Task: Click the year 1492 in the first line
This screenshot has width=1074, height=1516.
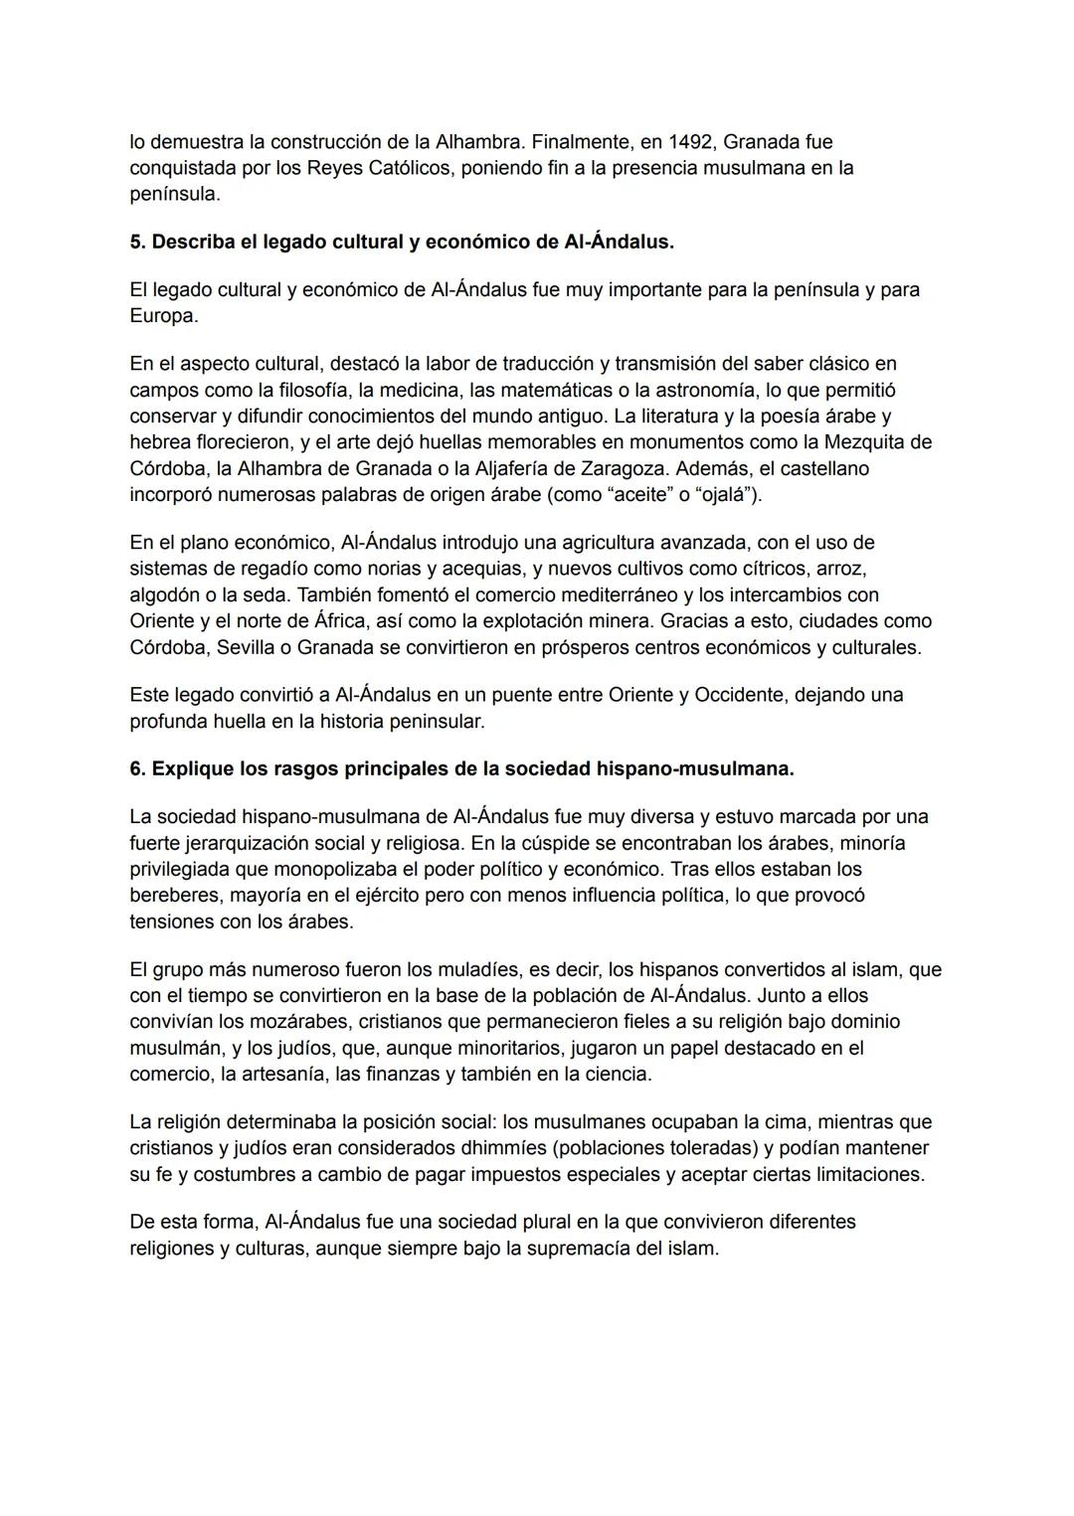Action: [x=691, y=142]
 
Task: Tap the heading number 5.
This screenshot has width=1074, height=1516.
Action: [x=137, y=243]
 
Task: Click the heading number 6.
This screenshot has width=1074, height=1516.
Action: [x=137, y=769]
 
